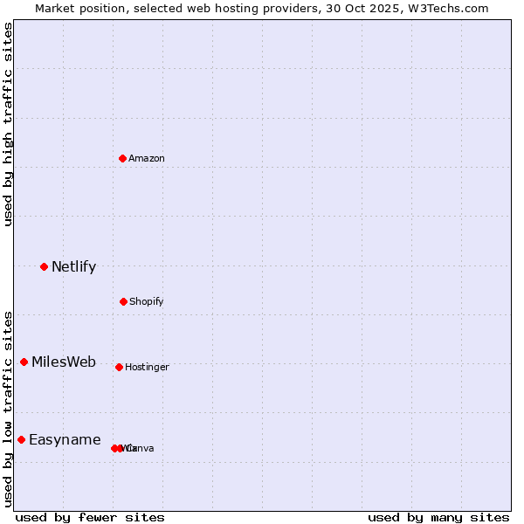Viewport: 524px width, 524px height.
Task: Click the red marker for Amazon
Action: point(123,158)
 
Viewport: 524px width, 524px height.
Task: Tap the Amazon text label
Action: point(147,159)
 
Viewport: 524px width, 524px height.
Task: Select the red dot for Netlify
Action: point(44,266)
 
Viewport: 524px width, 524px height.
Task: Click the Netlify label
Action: point(73,267)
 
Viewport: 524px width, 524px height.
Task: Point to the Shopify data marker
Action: point(123,301)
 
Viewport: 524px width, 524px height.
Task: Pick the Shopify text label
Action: point(147,302)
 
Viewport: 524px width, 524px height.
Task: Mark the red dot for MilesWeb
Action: point(24,362)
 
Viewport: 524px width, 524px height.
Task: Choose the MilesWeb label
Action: point(64,362)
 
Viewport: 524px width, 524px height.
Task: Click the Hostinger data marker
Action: point(119,367)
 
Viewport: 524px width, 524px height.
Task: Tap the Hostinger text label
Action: point(147,368)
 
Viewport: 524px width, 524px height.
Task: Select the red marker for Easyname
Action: point(21,439)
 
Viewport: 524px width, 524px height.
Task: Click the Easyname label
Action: point(65,440)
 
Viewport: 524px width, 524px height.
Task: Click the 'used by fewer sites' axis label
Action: point(90,518)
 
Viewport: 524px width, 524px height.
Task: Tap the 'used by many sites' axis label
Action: point(438,518)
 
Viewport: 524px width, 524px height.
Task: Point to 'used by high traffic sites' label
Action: point(8,124)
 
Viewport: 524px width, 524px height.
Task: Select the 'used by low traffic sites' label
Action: point(8,409)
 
